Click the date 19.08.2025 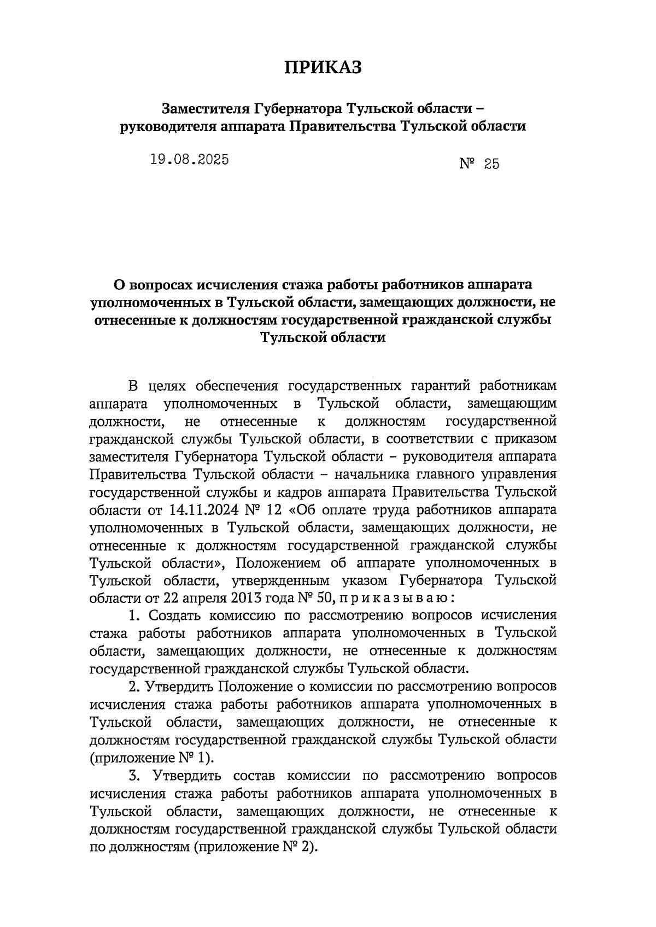tap(189, 160)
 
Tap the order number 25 tap(491, 164)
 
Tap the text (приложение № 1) tap(151, 758)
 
